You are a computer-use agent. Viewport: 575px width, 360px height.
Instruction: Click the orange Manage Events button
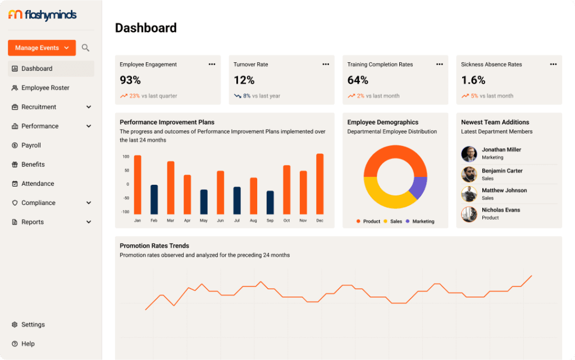pyautogui.click(x=42, y=48)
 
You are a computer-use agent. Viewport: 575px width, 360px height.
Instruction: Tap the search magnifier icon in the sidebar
pyautogui.click(x=85, y=48)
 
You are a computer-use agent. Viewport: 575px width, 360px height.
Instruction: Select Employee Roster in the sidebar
pyautogui.click(x=45, y=88)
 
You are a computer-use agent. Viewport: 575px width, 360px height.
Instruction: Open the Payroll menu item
pyautogui.click(x=31, y=145)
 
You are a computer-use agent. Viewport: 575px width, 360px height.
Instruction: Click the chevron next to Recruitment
pyautogui.click(x=89, y=107)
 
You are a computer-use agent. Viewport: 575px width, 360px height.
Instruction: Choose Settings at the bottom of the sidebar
pyautogui.click(x=33, y=325)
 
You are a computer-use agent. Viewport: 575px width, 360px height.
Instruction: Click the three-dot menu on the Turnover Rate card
pyautogui.click(x=326, y=65)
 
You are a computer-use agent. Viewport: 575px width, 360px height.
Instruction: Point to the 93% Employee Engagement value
pyautogui.click(x=130, y=80)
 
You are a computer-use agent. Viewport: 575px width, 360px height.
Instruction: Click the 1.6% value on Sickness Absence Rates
pyautogui.click(x=473, y=80)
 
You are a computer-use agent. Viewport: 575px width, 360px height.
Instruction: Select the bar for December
pyautogui.click(x=320, y=184)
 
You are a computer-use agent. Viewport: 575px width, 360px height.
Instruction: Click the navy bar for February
pyautogui.click(x=154, y=199)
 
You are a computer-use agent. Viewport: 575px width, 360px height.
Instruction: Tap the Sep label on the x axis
pyautogui.click(x=270, y=221)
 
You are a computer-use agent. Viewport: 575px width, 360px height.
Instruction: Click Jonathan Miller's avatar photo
pyautogui.click(x=469, y=154)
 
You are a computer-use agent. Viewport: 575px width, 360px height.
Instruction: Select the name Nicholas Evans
pyautogui.click(x=501, y=210)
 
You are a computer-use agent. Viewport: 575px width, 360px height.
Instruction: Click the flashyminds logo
pyautogui.click(x=42, y=15)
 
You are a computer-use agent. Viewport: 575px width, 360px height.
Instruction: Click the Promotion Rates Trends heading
pyautogui.click(x=154, y=245)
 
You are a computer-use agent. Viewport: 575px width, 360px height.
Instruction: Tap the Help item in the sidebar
pyautogui.click(x=28, y=344)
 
